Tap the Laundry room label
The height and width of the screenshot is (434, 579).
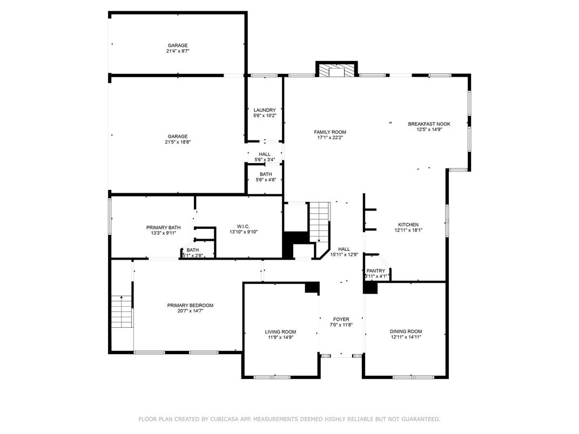coord(265,110)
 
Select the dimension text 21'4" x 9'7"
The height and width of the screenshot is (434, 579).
coord(178,51)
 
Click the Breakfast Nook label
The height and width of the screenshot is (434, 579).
coord(429,124)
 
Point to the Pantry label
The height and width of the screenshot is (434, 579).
coord(376,270)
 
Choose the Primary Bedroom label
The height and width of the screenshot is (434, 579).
coord(190,305)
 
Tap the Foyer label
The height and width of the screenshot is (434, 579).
coord(341,319)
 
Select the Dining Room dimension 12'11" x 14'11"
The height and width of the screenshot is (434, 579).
coord(406,337)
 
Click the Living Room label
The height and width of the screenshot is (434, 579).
coord(280,332)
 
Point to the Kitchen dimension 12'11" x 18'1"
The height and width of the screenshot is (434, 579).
coord(408,230)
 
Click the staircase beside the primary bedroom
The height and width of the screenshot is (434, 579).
coord(122,311)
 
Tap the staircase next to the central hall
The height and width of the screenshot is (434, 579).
coord(319,221)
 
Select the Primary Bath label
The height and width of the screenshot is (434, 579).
coord(163,227)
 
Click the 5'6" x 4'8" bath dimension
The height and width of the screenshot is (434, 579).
coord(266,180)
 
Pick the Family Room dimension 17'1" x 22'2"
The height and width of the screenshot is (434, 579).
coord(330,138)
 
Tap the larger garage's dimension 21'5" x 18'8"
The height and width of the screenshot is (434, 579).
coord(178,142)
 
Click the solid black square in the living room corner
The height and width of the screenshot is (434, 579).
coord(312,288)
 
